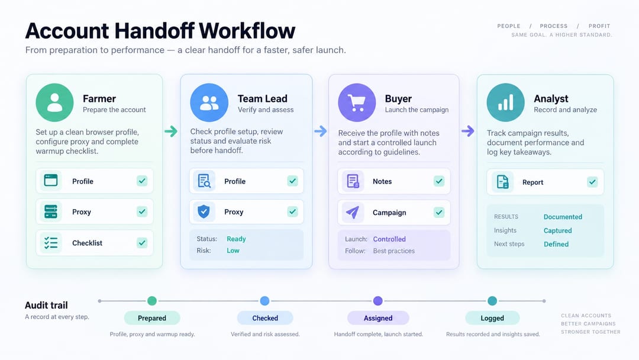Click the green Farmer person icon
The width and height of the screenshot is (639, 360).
54,102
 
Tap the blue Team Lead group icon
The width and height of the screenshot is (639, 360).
209,102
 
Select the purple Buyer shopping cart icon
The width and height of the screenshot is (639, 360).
357,102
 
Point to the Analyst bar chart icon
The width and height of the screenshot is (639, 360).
505,102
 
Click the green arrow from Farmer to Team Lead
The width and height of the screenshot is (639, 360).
171,131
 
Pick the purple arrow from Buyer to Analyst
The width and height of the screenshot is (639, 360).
468,131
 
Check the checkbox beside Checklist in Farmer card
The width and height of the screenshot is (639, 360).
142,243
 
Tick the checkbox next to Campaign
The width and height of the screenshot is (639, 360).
439,213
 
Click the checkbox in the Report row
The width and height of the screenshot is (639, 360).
592,182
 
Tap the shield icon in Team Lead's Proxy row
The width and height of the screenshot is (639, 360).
204,211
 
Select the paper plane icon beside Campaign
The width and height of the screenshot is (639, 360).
353,212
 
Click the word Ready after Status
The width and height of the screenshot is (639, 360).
236,239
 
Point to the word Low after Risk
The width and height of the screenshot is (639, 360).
233,250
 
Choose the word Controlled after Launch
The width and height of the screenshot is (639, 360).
389,239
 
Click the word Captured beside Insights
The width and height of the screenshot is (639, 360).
557,230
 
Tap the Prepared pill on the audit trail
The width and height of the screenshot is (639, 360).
152,318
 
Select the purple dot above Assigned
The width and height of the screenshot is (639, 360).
377,301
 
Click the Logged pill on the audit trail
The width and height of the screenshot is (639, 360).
492,318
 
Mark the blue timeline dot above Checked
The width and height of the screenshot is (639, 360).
264,301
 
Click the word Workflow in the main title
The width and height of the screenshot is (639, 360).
247,31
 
